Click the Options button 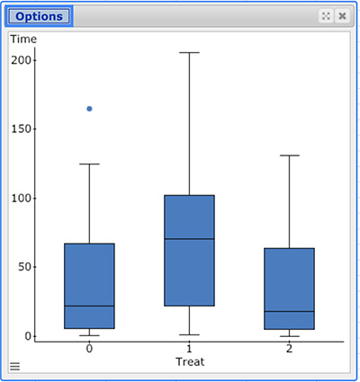click(x=39, y=16)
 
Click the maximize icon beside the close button click(x=326, y=16)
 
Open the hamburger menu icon click(x=14, y=366)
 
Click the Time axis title click(x=23, y=39)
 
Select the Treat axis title click(x=190, y=361)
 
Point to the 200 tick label click(x=21, y=60)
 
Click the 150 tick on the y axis click(x=21, y=129)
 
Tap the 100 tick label click(x=21, y=198)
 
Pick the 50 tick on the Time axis click(x=24, y=267)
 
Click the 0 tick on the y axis click(x=28, y=336)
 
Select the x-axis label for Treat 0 click(x=89, y=349)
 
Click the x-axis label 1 click(x=189, y=349)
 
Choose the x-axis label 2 click(x=289, y=349)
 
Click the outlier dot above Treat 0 click(x=89, y=109)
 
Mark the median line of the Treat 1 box click(x=189, y=239)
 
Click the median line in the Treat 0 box click(x=89, y=306)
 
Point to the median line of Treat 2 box click(x=289, y=312)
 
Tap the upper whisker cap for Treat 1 click(x=189, y=53)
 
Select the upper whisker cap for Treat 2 click(x=289, y=155)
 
